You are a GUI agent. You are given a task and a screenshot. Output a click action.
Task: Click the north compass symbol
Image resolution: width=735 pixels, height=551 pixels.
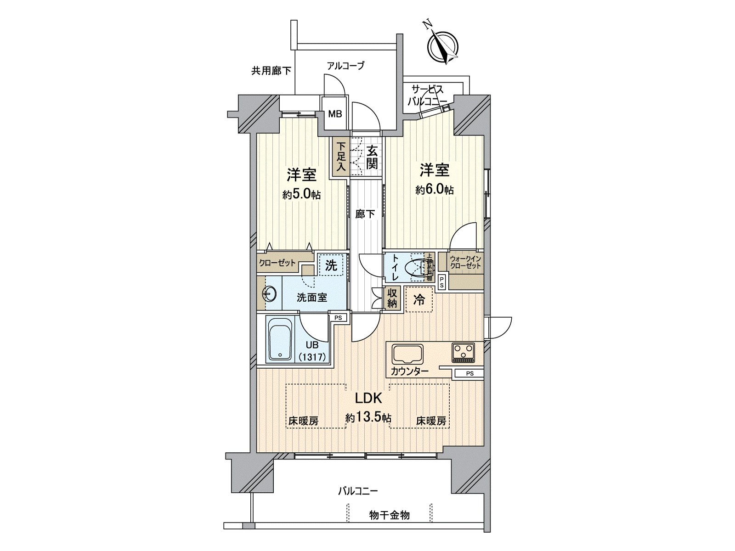pos(442,45)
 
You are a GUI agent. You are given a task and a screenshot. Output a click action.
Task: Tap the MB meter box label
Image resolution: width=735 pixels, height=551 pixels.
pos(335,113)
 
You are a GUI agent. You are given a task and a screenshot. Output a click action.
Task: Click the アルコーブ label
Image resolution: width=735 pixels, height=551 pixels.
pos(345,66)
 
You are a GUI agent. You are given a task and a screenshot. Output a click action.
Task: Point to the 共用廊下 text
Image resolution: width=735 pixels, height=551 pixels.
pos(271,71)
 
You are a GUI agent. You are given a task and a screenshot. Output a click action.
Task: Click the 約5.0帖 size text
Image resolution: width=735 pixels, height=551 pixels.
pos(301,195)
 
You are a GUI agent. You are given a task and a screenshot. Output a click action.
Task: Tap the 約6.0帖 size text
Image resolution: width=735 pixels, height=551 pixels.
pos(435,190)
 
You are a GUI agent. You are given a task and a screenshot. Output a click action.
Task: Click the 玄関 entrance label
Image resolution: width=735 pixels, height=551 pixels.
pos(372,157)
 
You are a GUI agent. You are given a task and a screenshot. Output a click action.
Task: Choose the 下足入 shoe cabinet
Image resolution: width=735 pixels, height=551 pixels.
pos(340,157)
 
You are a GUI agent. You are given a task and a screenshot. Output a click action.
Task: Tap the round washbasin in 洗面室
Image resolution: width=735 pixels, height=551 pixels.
pos(270,293)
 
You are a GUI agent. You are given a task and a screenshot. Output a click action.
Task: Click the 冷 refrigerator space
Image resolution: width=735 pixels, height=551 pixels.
pos(419,300)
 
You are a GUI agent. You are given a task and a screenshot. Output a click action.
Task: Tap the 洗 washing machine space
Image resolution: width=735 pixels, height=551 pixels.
pos(331,265)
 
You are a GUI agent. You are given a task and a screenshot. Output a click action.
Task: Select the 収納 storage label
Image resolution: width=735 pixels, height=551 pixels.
pos(392,298)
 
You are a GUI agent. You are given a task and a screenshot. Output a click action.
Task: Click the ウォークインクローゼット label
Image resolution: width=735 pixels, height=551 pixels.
pos(465,263)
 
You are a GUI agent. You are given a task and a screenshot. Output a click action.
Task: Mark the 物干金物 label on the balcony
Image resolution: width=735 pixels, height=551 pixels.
pos(390,516)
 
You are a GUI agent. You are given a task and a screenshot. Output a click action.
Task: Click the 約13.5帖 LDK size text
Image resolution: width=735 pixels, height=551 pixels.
pos(368,418)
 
